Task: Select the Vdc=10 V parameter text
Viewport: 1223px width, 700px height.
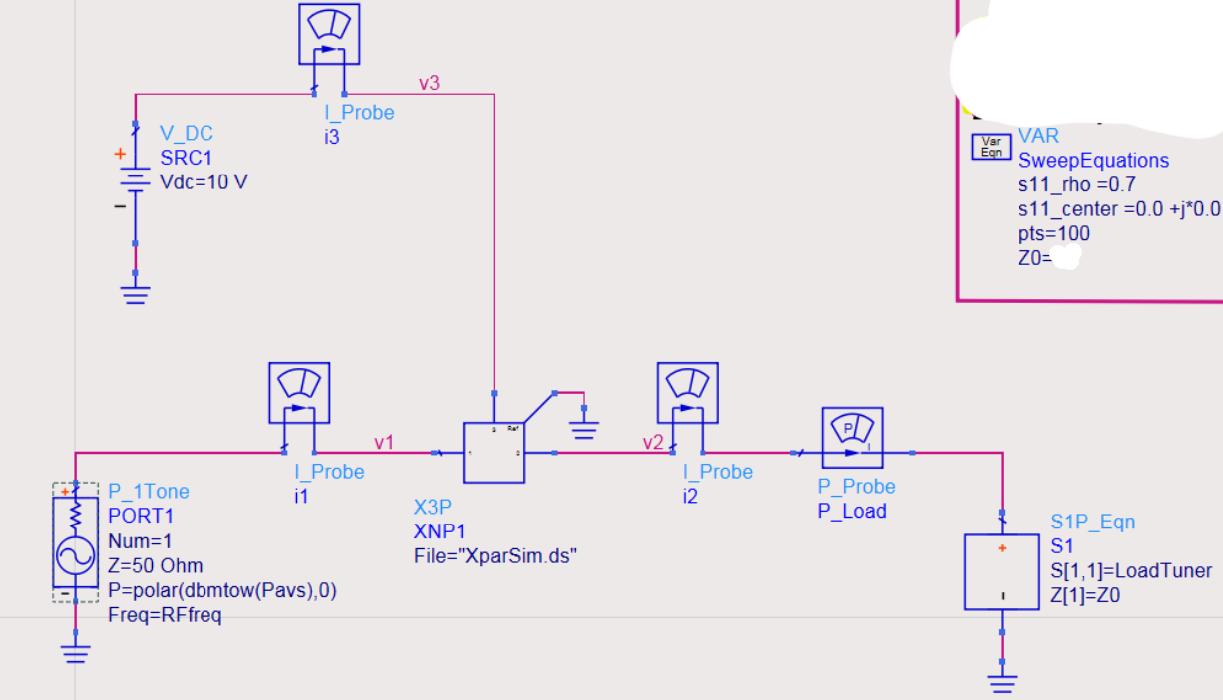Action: (204, 182)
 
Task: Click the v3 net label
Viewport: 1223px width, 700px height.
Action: (428, 83)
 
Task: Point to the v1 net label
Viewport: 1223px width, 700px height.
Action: (384, 441)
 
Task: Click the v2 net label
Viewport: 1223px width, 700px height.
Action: (652, 442)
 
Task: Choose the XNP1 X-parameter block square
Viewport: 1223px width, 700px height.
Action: (493, 452)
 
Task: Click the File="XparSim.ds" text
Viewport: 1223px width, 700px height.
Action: (495, 556)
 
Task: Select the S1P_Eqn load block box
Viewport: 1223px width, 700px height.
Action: (1002, 571)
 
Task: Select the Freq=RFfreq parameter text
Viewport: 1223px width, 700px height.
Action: (165, 615)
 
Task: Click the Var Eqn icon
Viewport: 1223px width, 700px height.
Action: (991, 147)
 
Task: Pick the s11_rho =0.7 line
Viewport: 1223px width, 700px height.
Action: (1075, 184)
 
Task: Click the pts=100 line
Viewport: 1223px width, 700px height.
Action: (1053, 234)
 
